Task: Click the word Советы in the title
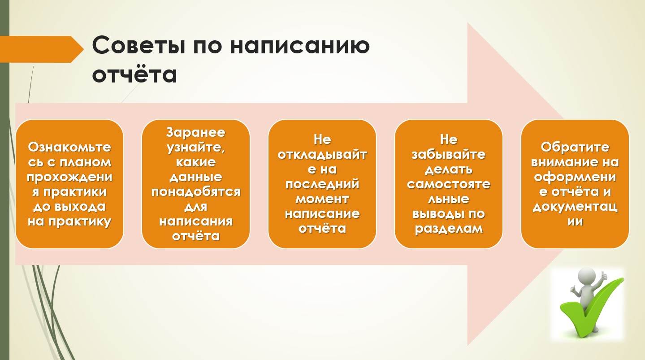pos(139,46)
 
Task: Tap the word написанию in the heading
pos(300,46)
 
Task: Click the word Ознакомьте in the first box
pos(69,147)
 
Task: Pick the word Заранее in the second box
pos(196,132)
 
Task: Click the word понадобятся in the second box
pos(196,192)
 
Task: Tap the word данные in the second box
pos(196,177)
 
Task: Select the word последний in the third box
pos(322,184)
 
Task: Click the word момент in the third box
pos(322,199)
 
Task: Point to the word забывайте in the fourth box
pos(449,155)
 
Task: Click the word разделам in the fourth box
pos(449,229)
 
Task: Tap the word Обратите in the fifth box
pos(575,147)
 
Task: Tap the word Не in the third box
pos(322,140)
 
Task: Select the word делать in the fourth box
pos(449,169)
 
